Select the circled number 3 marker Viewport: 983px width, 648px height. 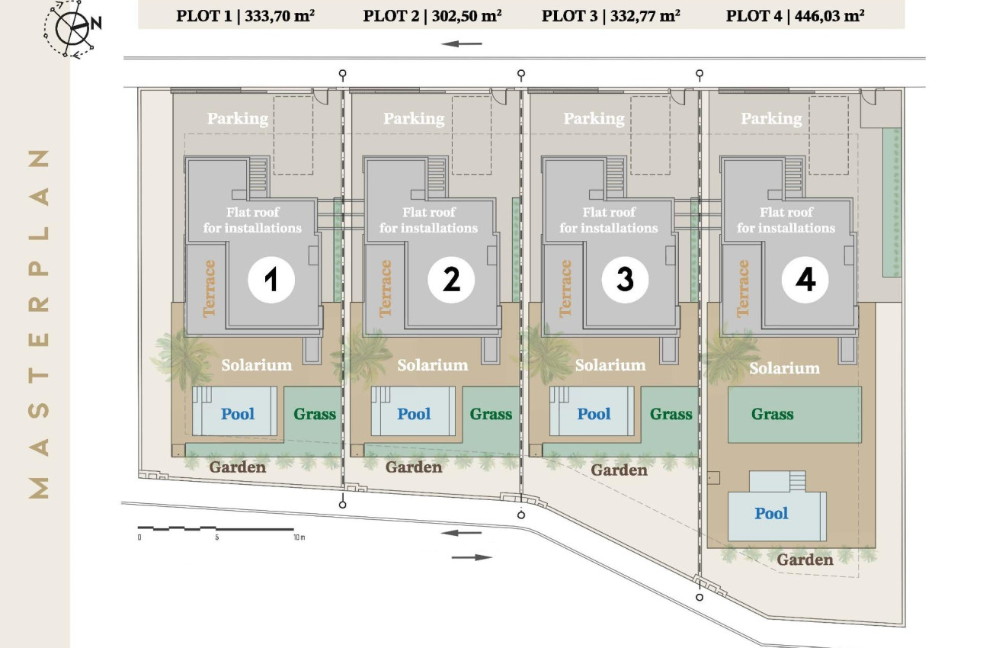pos(625,280)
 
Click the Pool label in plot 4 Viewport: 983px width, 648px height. pos(771,513)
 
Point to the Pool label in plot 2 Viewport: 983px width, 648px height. pos(414,414)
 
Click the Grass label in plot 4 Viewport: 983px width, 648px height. pos(772,414)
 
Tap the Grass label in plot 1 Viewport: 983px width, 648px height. pos(315,414)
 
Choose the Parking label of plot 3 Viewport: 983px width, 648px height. pos(594,118)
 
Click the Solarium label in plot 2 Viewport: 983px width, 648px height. pos(433,365)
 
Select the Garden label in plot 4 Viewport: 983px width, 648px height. pos(805,560)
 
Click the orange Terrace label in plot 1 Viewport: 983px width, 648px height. pos(210,287)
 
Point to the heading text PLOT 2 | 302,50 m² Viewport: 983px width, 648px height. pos(432,14)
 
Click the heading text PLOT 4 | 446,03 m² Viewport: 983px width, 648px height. pos(795,14)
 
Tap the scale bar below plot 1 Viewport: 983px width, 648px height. pos(216,528)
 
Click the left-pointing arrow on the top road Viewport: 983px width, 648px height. pos(462,43)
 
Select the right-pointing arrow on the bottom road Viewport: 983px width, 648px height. pos(472,557)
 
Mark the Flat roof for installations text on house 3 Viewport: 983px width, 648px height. pos(609,220)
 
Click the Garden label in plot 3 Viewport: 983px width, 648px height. pos(619,470)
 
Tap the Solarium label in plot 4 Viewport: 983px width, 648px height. pos(784,368)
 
